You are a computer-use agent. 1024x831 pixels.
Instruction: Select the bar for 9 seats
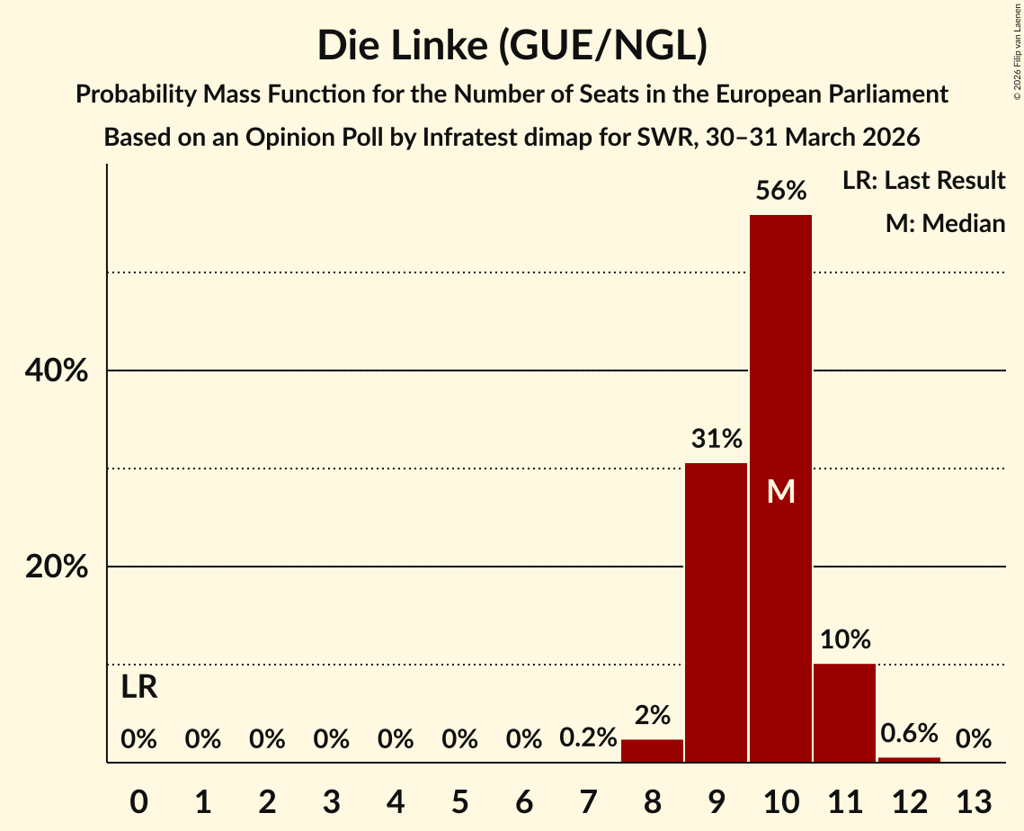pos(717,612)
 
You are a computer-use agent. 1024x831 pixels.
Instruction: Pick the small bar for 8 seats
pos(652,751)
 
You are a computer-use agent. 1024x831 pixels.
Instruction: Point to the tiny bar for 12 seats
pos(909,760)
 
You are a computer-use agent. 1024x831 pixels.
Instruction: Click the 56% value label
pos(780,191)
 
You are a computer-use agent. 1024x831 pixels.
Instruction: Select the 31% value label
pos(717,439)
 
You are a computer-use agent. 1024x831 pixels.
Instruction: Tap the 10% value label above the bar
pos(844,639)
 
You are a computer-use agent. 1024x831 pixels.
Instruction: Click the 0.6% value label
pos(909,734)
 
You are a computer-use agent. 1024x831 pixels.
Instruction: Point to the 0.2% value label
pos(588,739)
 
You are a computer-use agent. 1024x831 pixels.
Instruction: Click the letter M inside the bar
pos(780,492)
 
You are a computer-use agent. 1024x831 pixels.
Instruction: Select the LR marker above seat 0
pos(139,688)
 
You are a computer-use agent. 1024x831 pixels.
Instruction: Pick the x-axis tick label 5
pos(459,800)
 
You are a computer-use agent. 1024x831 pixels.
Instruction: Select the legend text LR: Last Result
pos(923,181)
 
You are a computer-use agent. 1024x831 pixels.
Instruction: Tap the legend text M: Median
pos(945,223)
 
